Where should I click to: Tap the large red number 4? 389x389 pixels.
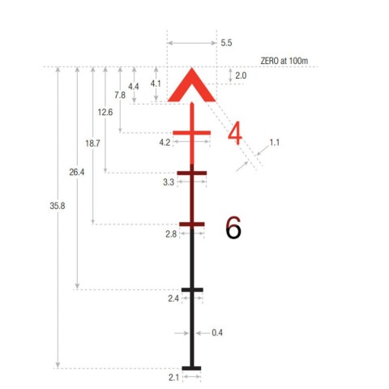[234, 133]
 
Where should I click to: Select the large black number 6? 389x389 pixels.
[233, 228]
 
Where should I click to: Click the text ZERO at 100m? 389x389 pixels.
[284, 61]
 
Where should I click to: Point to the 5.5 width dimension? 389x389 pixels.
[226, 43]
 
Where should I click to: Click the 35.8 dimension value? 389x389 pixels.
[58, 206]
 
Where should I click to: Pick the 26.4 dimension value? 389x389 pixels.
[77, 172]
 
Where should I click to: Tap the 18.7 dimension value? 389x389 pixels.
[92, 143]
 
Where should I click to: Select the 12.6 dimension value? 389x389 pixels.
[105, 112]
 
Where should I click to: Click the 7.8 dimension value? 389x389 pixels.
[120, 95]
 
